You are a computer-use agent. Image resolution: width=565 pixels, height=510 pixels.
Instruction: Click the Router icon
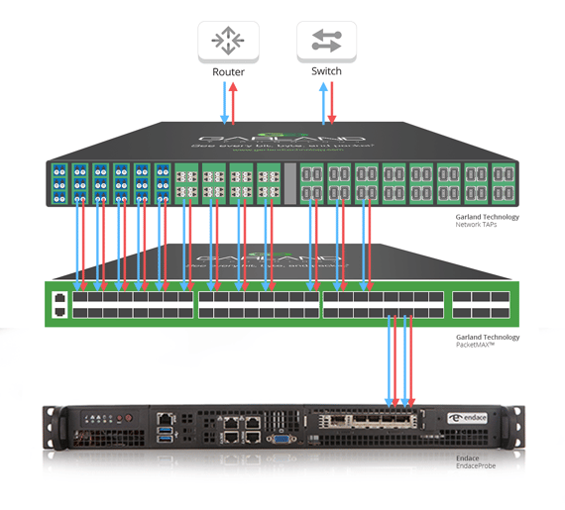(228, 42)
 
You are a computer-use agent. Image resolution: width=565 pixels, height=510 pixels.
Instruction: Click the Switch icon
(326, 42)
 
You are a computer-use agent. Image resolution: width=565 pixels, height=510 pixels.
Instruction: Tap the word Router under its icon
(228, 72)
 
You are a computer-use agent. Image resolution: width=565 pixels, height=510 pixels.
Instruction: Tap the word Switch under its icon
(326, 72)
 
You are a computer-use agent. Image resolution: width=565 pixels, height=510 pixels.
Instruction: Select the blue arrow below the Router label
(224, 103)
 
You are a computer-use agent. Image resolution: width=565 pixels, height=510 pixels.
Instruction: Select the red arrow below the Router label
(234, 103)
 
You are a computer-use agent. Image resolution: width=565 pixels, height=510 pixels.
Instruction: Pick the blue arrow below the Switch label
(322, 103)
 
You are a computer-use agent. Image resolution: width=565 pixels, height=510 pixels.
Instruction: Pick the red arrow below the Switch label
(332, 103)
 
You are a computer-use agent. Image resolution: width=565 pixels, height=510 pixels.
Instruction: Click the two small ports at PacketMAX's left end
(60, 304)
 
